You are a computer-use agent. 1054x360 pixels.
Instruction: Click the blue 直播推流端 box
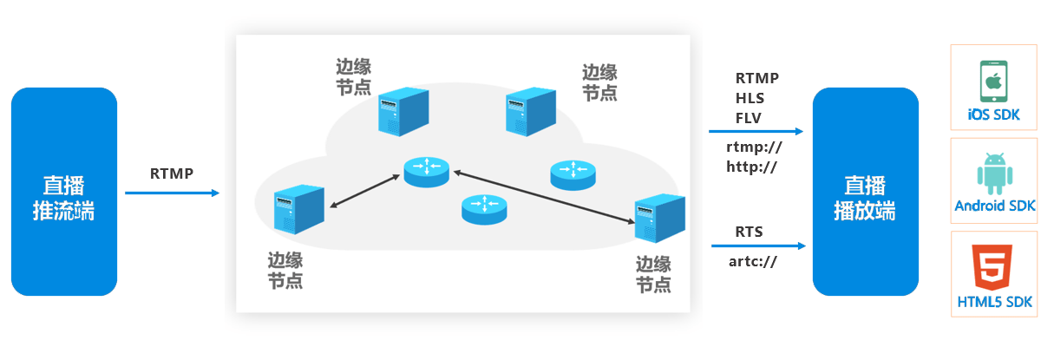click(x=64, y=192)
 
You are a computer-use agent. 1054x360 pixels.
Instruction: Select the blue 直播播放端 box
click(x=864, y=192)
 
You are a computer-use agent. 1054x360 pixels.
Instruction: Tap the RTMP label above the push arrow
click(x=171, y=173)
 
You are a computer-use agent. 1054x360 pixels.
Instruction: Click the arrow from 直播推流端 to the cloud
click(x=173, y=193)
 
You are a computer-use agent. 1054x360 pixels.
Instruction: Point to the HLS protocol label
click(x=750, y=98)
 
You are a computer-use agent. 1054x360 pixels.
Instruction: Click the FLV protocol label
click(x=750, y=117)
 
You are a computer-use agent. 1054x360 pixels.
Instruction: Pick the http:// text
click(x=751, y=166)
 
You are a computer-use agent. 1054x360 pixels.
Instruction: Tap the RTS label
click(x=750, y=232)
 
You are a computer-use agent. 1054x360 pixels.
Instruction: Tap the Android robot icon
click(x=994, y=173)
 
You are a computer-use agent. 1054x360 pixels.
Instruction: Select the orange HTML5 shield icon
click(x=994, y=267)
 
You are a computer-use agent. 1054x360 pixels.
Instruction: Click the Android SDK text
click(x=994, y=206)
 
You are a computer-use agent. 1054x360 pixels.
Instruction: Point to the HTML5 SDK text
click(x=994, y=302)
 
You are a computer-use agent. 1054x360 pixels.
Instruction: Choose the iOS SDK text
click(x=994, y=115)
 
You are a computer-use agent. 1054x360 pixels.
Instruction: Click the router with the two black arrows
click(x=427, y=169)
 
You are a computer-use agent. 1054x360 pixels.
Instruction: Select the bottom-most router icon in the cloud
click(x=484, y=209)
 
